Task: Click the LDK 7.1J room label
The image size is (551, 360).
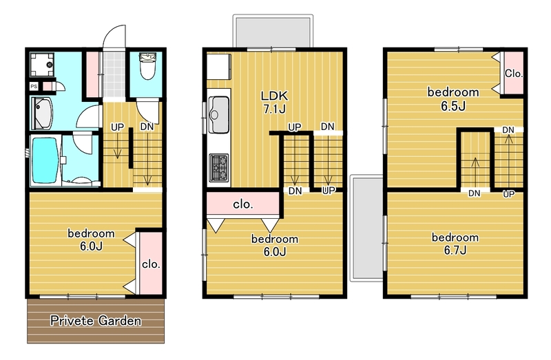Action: tap(274, 102)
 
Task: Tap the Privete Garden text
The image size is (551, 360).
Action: tap(96, 321)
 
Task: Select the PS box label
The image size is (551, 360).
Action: tap(34, 87)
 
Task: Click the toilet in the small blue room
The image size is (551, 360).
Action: tap(147, 66)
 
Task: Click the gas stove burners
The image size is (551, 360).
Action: tap(218, 168)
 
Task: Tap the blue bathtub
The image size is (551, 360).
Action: tap(45, 160)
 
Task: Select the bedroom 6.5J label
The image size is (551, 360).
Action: tap(453, 98)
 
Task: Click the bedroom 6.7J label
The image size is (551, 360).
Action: tap(455, 244)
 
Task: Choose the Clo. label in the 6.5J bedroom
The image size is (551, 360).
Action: tap(514, 74)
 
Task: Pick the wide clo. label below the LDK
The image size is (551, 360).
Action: tap(243, 204)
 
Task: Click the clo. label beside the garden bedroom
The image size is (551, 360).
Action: tap(151, 264)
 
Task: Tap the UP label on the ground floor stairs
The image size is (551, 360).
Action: tap(117, 127)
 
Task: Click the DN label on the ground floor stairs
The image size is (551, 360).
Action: tap(147, 127)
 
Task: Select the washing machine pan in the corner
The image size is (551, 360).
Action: tap(42, 65)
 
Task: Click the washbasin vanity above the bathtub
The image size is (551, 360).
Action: tap(43, 114)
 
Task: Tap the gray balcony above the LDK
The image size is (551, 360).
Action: tap(273, 32)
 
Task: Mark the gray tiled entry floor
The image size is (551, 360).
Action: tap(114, 74)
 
